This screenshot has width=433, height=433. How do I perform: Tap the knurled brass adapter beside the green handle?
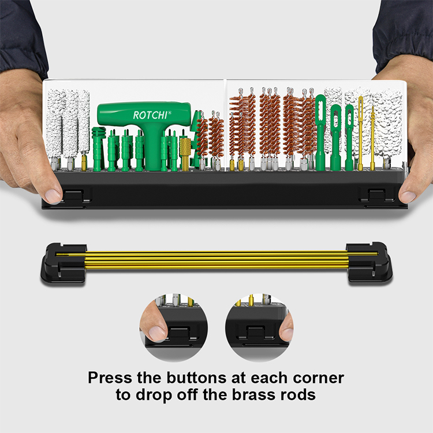coord(185,154)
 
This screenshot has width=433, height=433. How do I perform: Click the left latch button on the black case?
coord(73,195)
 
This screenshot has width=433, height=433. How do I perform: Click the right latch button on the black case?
coord(376,195)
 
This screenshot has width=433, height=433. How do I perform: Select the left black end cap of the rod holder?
coord(64,263)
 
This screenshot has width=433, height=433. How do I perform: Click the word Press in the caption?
coord(110,378)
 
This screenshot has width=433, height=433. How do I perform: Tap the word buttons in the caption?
coord(197,378)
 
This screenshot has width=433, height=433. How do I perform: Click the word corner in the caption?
coord(318,378)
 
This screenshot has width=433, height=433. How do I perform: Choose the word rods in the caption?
coord(298,395)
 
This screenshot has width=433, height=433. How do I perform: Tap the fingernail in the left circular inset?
coord(156,333)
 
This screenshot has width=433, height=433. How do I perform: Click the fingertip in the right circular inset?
coord(286,329)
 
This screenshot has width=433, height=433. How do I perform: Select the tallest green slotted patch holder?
coord(320,133)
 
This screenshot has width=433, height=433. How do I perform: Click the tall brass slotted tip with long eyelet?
coord(360,133)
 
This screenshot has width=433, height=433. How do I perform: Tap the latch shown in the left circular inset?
coord(180,332)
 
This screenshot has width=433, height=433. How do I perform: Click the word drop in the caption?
coord(155,395)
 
